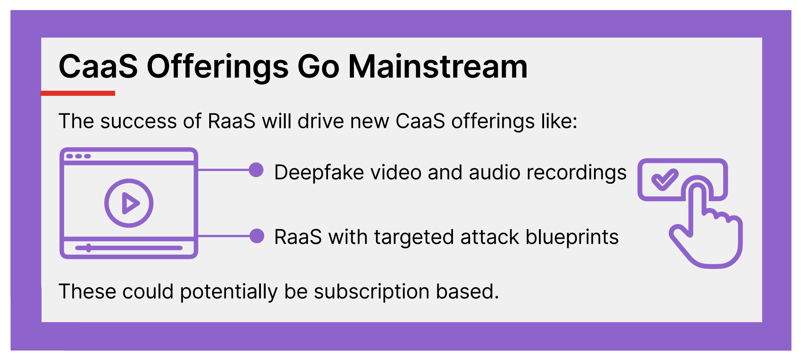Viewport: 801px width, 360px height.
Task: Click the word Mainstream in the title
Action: click(438, 67)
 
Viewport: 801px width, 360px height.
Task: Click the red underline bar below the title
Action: click(78, 93)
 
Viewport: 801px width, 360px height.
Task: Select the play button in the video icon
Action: click(129, 203)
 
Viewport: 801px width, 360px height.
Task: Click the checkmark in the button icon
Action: click(665, 179)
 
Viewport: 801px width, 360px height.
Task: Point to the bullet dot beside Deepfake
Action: click(256, 170)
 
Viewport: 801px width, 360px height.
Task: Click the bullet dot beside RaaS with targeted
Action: click(257, 236)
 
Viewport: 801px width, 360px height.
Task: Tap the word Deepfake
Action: click(319, 172)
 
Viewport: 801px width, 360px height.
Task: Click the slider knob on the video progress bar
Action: click(89, 248)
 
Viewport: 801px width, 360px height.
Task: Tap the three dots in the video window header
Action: click(78, 156)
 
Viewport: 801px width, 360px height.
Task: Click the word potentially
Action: click(229, 292)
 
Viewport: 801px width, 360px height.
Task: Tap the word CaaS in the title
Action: click(98, 67)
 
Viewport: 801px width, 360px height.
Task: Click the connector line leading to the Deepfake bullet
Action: click(224, 170)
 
